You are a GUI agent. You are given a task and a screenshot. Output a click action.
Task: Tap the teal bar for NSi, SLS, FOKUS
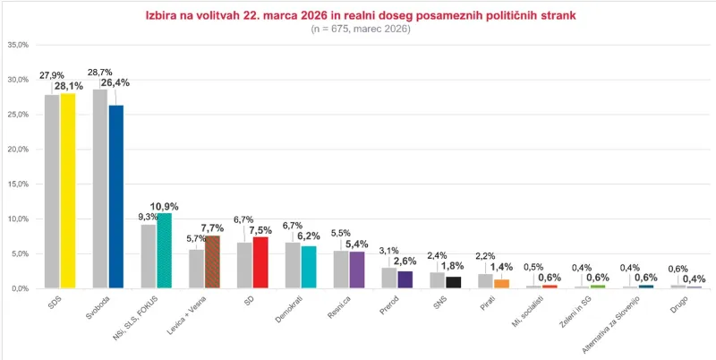164,251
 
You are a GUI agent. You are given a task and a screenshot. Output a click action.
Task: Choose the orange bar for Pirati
501,283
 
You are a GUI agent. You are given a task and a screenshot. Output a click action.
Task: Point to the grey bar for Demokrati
293,265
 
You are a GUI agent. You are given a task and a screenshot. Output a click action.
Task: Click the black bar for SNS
454,282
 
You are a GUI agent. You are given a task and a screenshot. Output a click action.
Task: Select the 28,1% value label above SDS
69,86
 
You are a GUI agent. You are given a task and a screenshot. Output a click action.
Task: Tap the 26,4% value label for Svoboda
117,82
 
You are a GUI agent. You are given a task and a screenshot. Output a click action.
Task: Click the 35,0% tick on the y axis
18,45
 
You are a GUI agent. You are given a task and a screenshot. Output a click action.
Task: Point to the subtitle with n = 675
360,30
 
